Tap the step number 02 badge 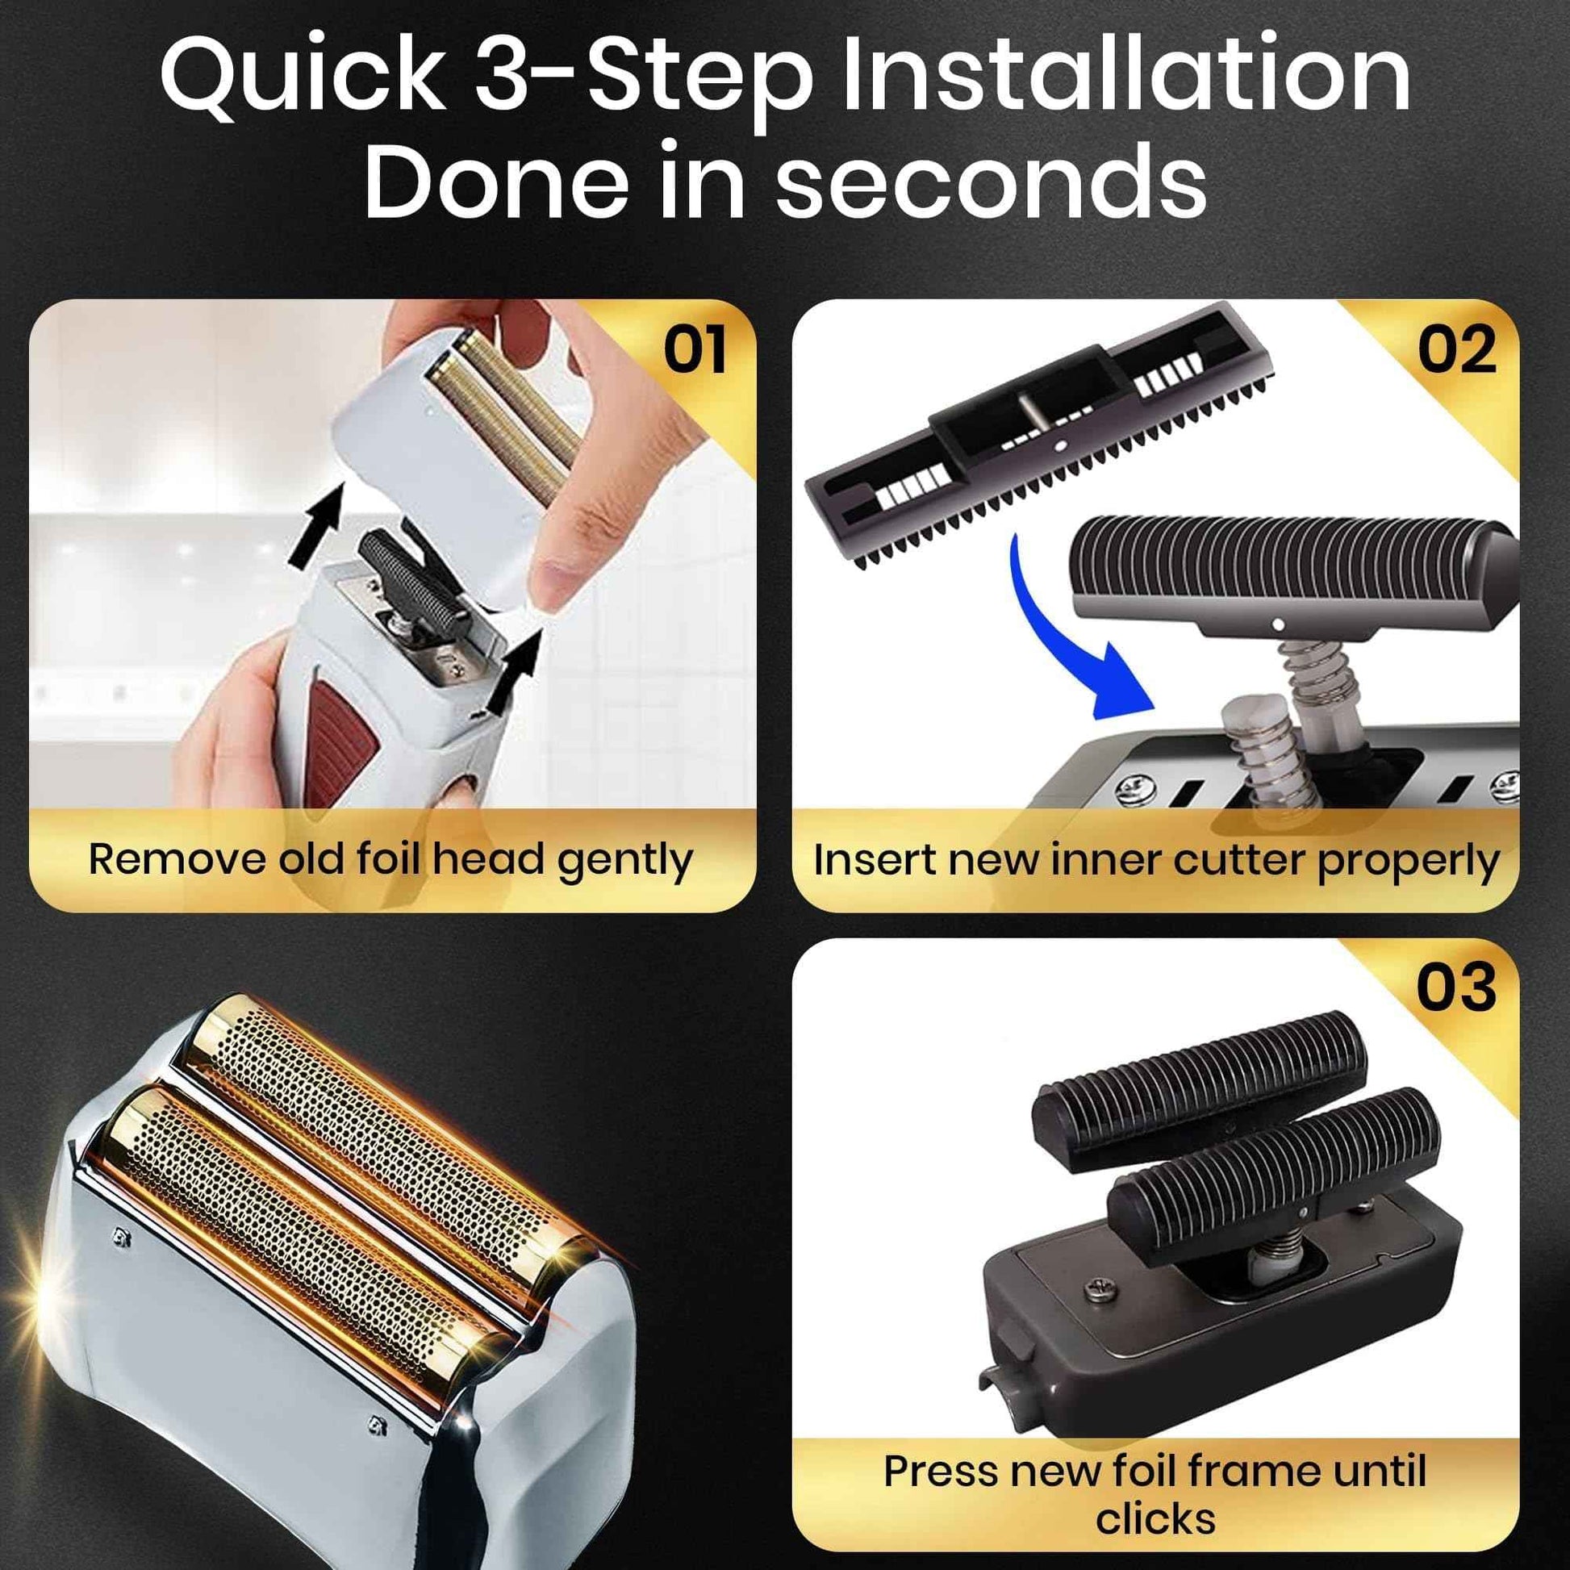[1456, 351]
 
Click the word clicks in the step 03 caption [1155, 1518]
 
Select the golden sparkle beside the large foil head [32, 1297]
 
